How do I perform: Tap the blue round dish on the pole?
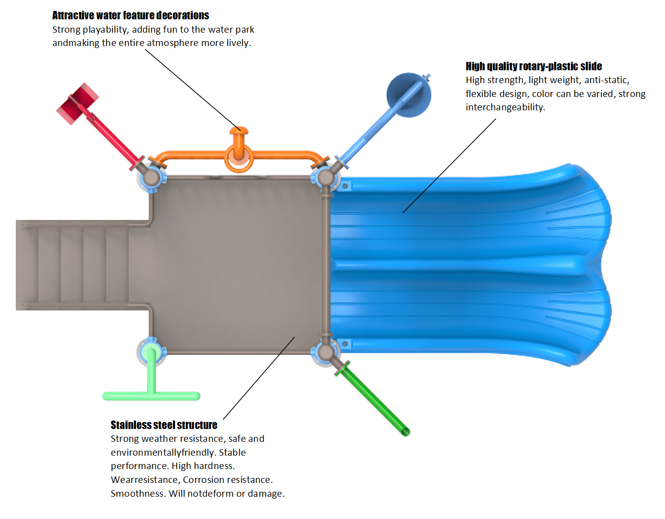click(408, 95)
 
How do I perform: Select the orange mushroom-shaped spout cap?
click(239, 132)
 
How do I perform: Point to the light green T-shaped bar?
click(151, 395)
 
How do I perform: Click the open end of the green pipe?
click(405, 432)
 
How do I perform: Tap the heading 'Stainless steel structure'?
click(164, 425)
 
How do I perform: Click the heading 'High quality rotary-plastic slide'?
click(533, 66)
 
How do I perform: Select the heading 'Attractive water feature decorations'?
click(131, 15)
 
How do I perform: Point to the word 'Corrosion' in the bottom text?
click(204, 480)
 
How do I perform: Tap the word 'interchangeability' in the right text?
click(505, 107)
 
